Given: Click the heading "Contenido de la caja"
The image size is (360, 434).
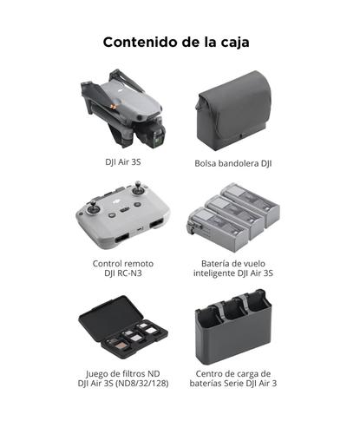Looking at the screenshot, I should pyautogui.click(x=180, y=41).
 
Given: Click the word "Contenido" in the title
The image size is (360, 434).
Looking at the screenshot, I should pyautogui.click(x=139, y=41).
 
